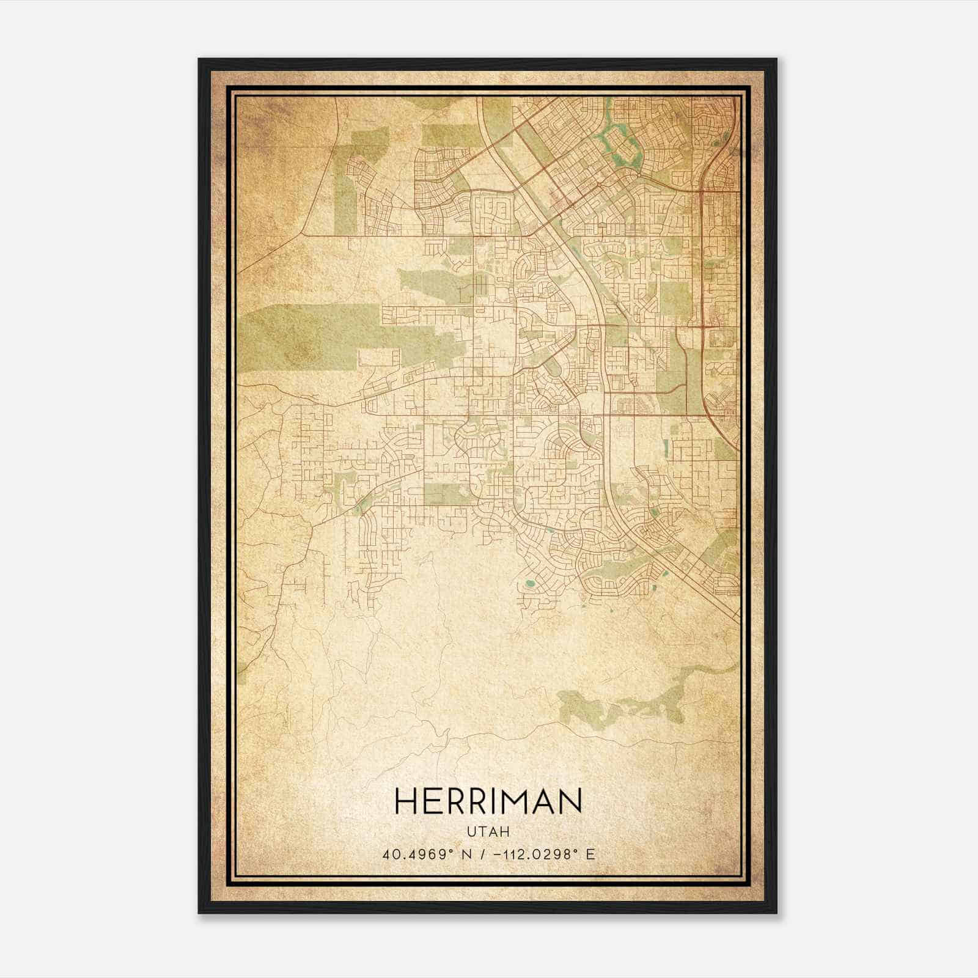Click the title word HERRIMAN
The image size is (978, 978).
click(488, 801)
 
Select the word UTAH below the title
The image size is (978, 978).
click(488, 831)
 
